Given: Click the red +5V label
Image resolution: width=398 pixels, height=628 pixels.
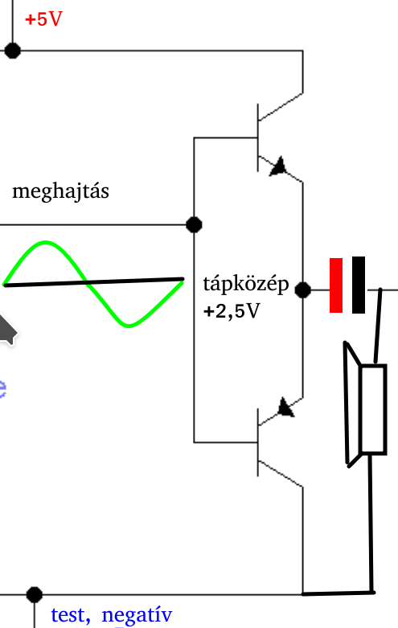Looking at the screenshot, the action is (x=43, y=19).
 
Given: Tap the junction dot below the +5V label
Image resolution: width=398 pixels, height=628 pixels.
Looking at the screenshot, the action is (x=12, y=51).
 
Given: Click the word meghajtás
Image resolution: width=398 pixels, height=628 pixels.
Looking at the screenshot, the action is (x=60, y=192).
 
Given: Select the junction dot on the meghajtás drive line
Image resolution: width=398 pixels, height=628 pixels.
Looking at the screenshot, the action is (x=195, y=224).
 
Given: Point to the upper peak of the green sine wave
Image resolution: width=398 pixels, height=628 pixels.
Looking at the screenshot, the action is (x=46, y=242).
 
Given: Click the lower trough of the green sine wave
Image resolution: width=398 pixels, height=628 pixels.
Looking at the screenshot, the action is (x=129, y=326).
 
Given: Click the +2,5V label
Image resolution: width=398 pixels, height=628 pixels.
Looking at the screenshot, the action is (x=232, y=311).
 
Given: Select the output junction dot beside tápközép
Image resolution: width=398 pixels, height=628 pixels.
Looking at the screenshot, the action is (x=302, y=289).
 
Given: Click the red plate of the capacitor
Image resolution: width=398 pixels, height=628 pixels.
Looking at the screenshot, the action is (x=336, y=285).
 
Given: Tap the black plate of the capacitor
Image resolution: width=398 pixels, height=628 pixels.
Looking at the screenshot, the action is (x=359, y=285).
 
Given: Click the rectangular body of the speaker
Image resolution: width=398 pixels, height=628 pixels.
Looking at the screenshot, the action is (x=373, y=409).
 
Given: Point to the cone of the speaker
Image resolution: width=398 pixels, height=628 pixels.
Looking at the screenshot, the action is (x=351, y=404).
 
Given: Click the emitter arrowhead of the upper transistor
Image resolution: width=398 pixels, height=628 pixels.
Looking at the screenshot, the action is (x=279, y=166).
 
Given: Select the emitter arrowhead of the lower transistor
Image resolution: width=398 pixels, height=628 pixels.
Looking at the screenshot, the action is (x=286, y=407).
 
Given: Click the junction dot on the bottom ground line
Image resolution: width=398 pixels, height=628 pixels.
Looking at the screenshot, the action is (x=35, y=595).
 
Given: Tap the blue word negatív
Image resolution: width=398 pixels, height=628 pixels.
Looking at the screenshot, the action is (x=137, y=615).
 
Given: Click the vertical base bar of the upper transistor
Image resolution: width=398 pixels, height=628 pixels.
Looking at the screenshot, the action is (x=257, y=138).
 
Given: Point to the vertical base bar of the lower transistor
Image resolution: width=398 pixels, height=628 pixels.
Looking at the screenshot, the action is (x=257, y=442).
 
